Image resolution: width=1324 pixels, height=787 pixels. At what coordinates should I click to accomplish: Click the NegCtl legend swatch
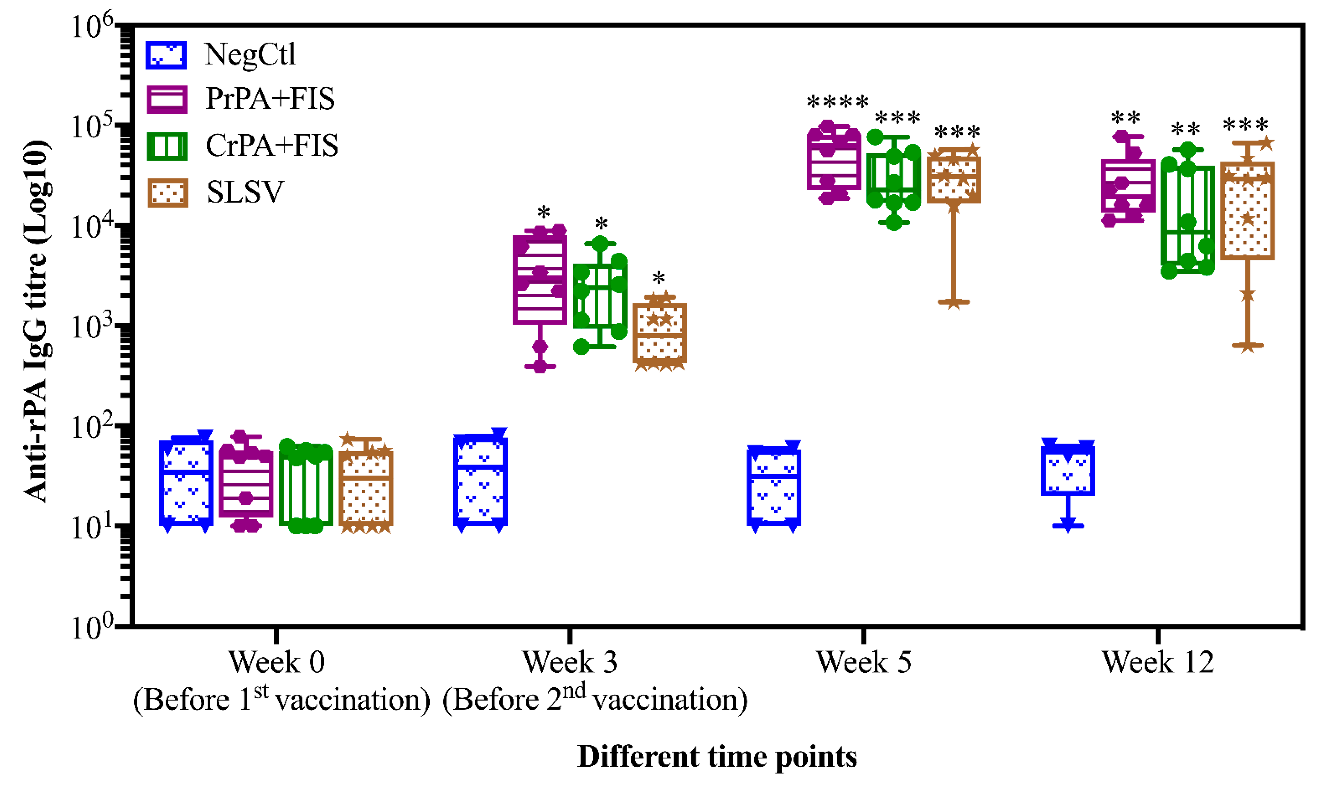click(x=166, y=55)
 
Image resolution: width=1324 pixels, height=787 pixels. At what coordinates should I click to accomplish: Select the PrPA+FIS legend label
click(x=270, y=99)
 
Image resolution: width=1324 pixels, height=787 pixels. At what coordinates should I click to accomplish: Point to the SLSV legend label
click(x=245, y=192)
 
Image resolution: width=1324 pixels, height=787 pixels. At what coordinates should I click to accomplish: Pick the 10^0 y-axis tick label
click(x=92, y=629)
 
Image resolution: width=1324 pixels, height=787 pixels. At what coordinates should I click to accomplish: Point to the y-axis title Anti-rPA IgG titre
click(x=36, y=321)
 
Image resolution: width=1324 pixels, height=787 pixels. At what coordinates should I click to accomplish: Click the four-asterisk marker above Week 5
click(x=838, y=102)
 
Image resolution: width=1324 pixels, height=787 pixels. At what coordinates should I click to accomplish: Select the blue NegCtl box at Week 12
click(x=1068, y=470)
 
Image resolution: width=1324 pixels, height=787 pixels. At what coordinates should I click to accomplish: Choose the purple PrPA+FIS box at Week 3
click(x=540, y=280)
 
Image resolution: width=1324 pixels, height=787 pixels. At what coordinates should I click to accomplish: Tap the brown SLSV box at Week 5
click(x=954, y=179)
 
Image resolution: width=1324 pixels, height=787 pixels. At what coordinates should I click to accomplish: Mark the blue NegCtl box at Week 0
click(x=186, y=482)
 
